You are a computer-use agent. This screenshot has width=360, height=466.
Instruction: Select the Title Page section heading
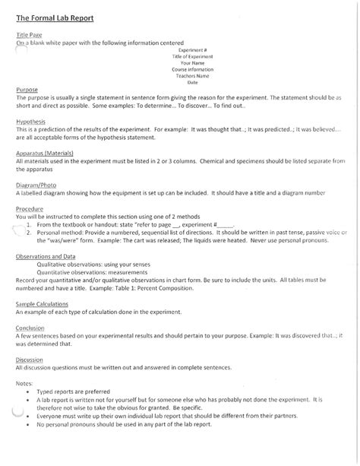[x=30, y=36]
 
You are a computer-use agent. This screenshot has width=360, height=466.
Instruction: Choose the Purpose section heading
[x=27, y=90]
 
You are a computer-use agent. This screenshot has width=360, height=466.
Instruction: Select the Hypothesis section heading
[x=30, y=122]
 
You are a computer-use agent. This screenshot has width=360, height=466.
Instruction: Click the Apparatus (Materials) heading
[x=45, y=154]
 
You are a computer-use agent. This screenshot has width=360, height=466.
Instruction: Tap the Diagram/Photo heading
[x=38, y=185]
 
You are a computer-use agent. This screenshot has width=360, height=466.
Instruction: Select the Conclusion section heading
[x=30, y=328]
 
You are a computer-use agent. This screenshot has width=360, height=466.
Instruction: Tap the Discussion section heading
[x=30, y=360]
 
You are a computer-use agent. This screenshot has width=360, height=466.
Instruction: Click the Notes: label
[x=24, y=383]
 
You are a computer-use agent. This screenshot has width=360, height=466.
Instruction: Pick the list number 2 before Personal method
[x=28, y=233]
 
